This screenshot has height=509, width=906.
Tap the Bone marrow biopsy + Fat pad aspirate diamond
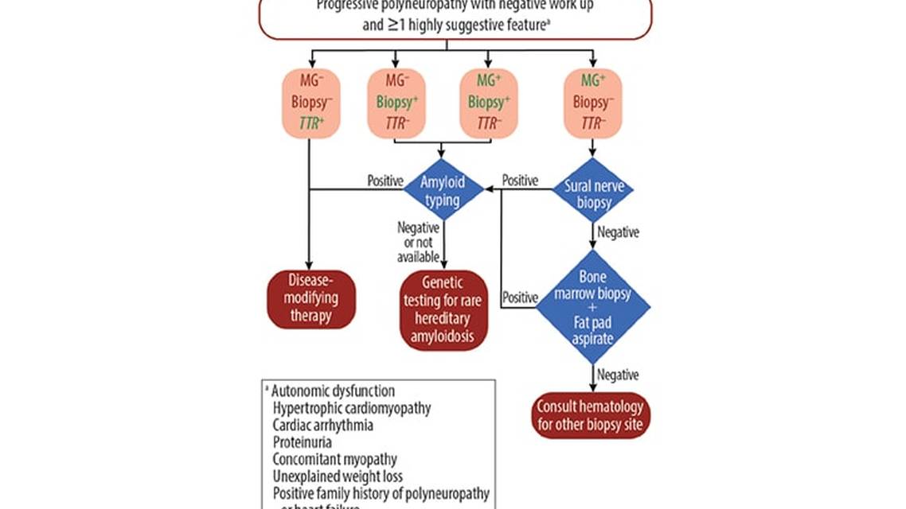coord(592,307)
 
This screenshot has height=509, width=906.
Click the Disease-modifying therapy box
coord(310,299)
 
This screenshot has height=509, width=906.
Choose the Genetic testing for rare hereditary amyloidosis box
coord(443,310)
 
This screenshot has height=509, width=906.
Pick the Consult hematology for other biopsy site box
coord(591,415)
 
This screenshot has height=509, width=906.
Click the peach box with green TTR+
coord(310,103)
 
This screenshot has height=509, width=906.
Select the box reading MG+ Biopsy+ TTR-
coord(488,103)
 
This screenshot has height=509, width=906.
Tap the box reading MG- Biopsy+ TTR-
coord(396,103)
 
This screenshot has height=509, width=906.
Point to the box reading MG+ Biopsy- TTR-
coord(592,103)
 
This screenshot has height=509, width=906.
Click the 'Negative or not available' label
coord(418,242)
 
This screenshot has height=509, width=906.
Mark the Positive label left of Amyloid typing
coord(385,181)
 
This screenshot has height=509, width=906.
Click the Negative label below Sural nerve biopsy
coord(618,232)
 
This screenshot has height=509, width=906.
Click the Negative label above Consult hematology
coord(618,374)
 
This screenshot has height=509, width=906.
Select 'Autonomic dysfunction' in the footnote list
coord(333,391)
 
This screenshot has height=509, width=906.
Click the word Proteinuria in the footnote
coord(302,442)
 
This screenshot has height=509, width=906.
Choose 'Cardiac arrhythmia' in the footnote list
coord(322,425)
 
